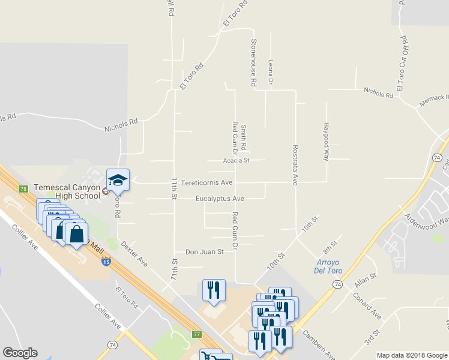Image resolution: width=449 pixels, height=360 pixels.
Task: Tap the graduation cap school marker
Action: [118, 181]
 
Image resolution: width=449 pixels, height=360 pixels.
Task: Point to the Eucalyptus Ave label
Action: [219, 199]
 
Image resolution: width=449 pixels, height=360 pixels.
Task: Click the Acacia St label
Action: [235, 160]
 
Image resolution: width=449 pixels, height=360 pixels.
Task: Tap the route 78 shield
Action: [23, 189]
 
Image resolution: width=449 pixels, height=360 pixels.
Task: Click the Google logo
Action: [20, 353]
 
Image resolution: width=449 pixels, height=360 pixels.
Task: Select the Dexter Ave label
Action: [133, 254]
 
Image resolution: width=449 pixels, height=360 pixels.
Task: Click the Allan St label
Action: [364, 280]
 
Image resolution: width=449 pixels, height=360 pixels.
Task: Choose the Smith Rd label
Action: [244, 137]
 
